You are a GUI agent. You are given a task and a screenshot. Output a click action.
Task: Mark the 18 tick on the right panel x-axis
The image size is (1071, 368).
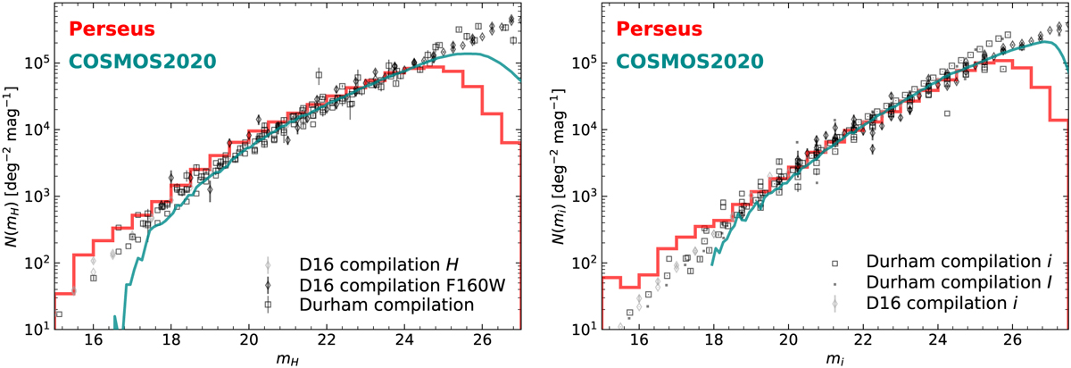(713, 341)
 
